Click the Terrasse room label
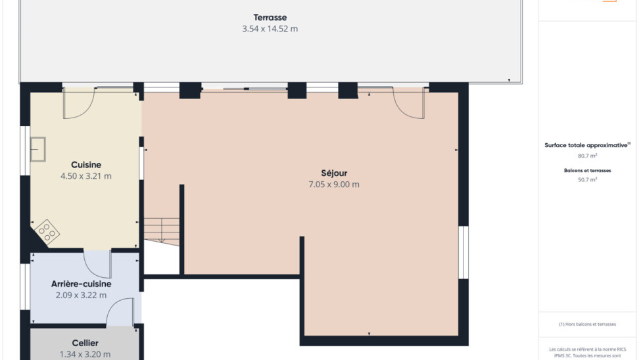click(270, 18)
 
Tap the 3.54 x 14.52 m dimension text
click(270, 29)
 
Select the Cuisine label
click(86, 165)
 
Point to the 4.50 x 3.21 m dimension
click(86, 176)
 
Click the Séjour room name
click(334, 173)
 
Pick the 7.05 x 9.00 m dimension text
click(334, 185)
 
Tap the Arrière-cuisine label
click(81, 284)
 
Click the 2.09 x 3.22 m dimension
click(81, 295)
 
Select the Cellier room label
click(85, 343)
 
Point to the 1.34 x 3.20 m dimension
click(85, 354)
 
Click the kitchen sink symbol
click(38, 150)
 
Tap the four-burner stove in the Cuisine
click(47, 232)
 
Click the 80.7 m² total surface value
click(587, 156)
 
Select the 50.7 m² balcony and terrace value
click(587, 179)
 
